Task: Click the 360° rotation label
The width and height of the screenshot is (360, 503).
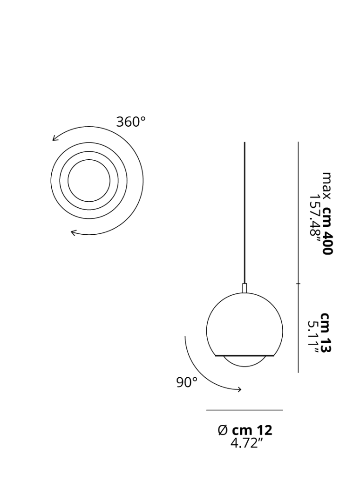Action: pos(130,122)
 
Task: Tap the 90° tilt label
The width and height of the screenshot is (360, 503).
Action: pos(187,382)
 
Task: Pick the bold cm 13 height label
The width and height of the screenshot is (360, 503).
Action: pos(326,333)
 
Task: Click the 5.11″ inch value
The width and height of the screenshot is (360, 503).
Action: pos(313,337)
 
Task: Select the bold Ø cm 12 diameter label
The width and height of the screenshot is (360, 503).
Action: pos(245,430)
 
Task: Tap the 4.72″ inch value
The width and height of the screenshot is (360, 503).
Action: pos(246,443)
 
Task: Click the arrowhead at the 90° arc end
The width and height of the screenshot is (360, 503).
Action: pos(239,389)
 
